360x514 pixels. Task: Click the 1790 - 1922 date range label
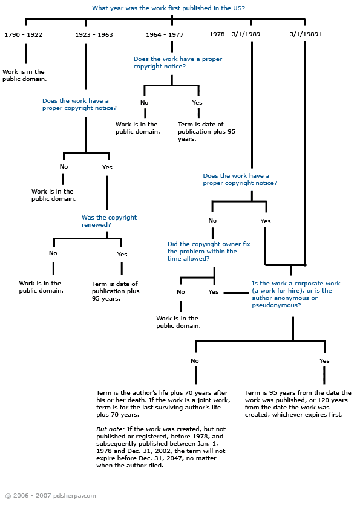pos(23,34)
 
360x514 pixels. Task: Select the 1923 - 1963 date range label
pos(94,34)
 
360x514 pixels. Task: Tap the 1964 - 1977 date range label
pos(165,34)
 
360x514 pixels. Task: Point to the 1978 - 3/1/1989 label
pos(235,34)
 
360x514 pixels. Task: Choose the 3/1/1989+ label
pos(306,34)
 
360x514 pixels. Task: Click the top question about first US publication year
pos(169,8)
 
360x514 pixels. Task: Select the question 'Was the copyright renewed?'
pos(109,221)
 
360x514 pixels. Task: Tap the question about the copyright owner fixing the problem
pos(209,251)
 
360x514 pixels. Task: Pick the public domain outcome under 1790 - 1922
pos(25,75)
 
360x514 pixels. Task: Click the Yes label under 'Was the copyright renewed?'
pos(122,254)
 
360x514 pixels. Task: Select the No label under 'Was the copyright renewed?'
pos(53,253)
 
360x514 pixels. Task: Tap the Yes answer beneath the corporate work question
pos(324,360)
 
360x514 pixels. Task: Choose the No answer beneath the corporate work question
pos(195,360)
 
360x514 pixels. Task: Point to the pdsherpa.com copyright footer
pos(51,496)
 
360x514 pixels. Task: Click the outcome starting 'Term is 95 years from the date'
pos(298,403)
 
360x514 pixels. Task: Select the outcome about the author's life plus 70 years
pos(163,403)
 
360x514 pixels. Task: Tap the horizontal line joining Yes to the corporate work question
pos(237,293)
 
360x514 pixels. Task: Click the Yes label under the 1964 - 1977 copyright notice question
pos(197,103)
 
